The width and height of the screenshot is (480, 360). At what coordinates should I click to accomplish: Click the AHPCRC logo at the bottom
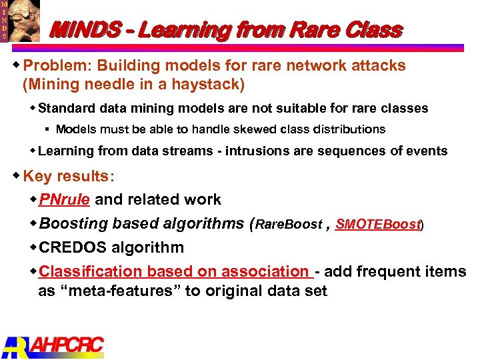point(53,345)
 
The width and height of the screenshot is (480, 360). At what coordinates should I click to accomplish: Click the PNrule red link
point(65,199)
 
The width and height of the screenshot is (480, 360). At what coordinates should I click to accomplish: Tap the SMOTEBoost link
point(378,225)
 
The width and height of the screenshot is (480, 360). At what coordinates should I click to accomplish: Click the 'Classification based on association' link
point(175,271)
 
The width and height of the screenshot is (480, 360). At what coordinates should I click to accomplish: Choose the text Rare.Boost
point(288,225)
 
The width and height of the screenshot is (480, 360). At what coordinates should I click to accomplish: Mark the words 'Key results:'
point(68,176)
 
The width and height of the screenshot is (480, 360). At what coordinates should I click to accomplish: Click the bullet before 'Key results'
point(17,175)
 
